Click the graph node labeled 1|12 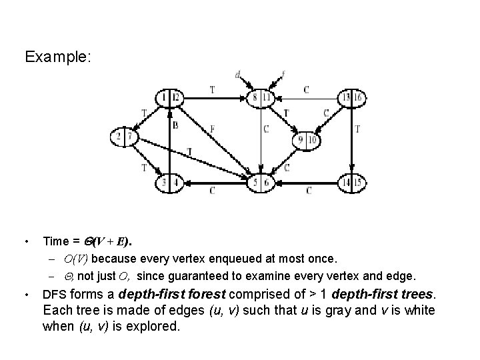(169, 99)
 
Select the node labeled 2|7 (124, 137)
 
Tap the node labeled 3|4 (169, 181)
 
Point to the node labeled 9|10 (307, 140)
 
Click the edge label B (175, 125)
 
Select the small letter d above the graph (238, 75)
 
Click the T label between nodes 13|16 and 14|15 (358, 129)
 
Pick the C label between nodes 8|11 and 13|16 (306, 88)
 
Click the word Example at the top (57, 57)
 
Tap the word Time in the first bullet (55, 240)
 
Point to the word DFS (54, 293)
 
